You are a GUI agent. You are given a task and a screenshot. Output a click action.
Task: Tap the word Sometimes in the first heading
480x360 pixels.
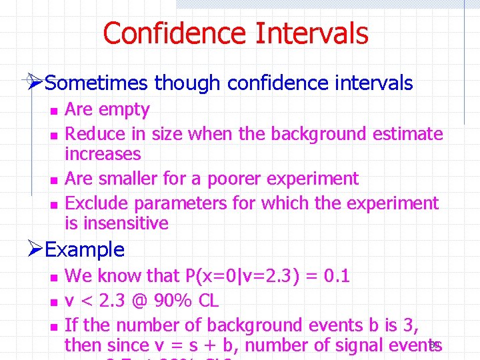[98, 83]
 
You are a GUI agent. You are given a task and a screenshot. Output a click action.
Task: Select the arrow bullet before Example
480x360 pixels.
[37, 250]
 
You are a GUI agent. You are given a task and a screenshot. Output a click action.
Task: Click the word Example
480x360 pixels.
[85, 250]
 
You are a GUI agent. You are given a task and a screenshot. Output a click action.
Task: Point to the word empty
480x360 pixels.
[127, 110]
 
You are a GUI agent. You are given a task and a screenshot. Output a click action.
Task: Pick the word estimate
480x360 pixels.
[407, 134]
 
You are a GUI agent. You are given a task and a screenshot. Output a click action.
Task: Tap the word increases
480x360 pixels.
[103, 154]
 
